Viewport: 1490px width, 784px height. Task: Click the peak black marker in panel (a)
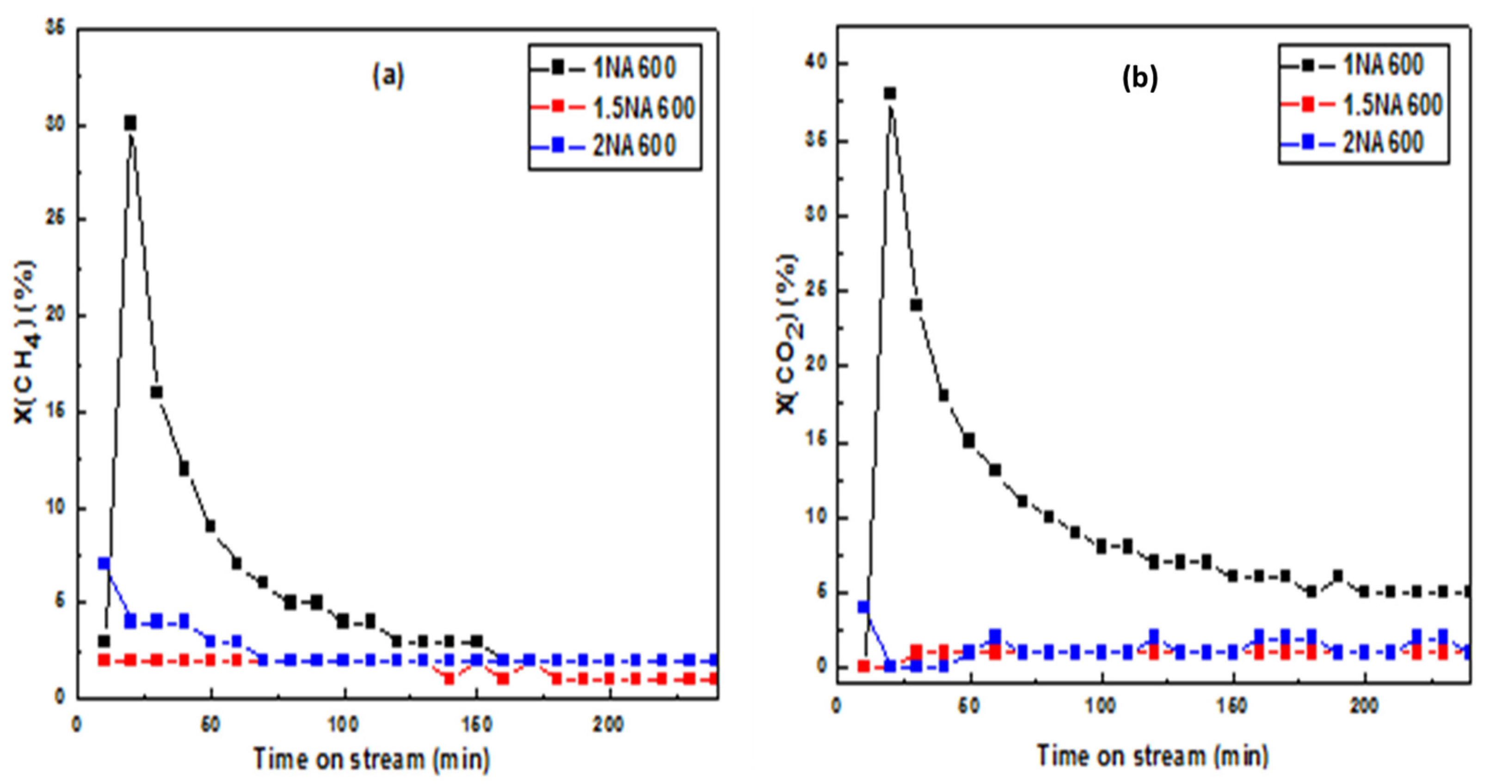coord(130,123)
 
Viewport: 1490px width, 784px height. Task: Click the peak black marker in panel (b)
coord(890,93)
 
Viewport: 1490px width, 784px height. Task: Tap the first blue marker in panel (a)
coord(104,563)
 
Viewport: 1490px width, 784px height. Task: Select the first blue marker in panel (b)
coord(863,607)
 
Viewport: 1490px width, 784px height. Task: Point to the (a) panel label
coord(388,76)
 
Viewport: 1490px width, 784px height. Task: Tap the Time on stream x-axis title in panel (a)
coord(371,759)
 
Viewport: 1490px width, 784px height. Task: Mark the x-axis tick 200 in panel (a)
coord(609,725)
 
